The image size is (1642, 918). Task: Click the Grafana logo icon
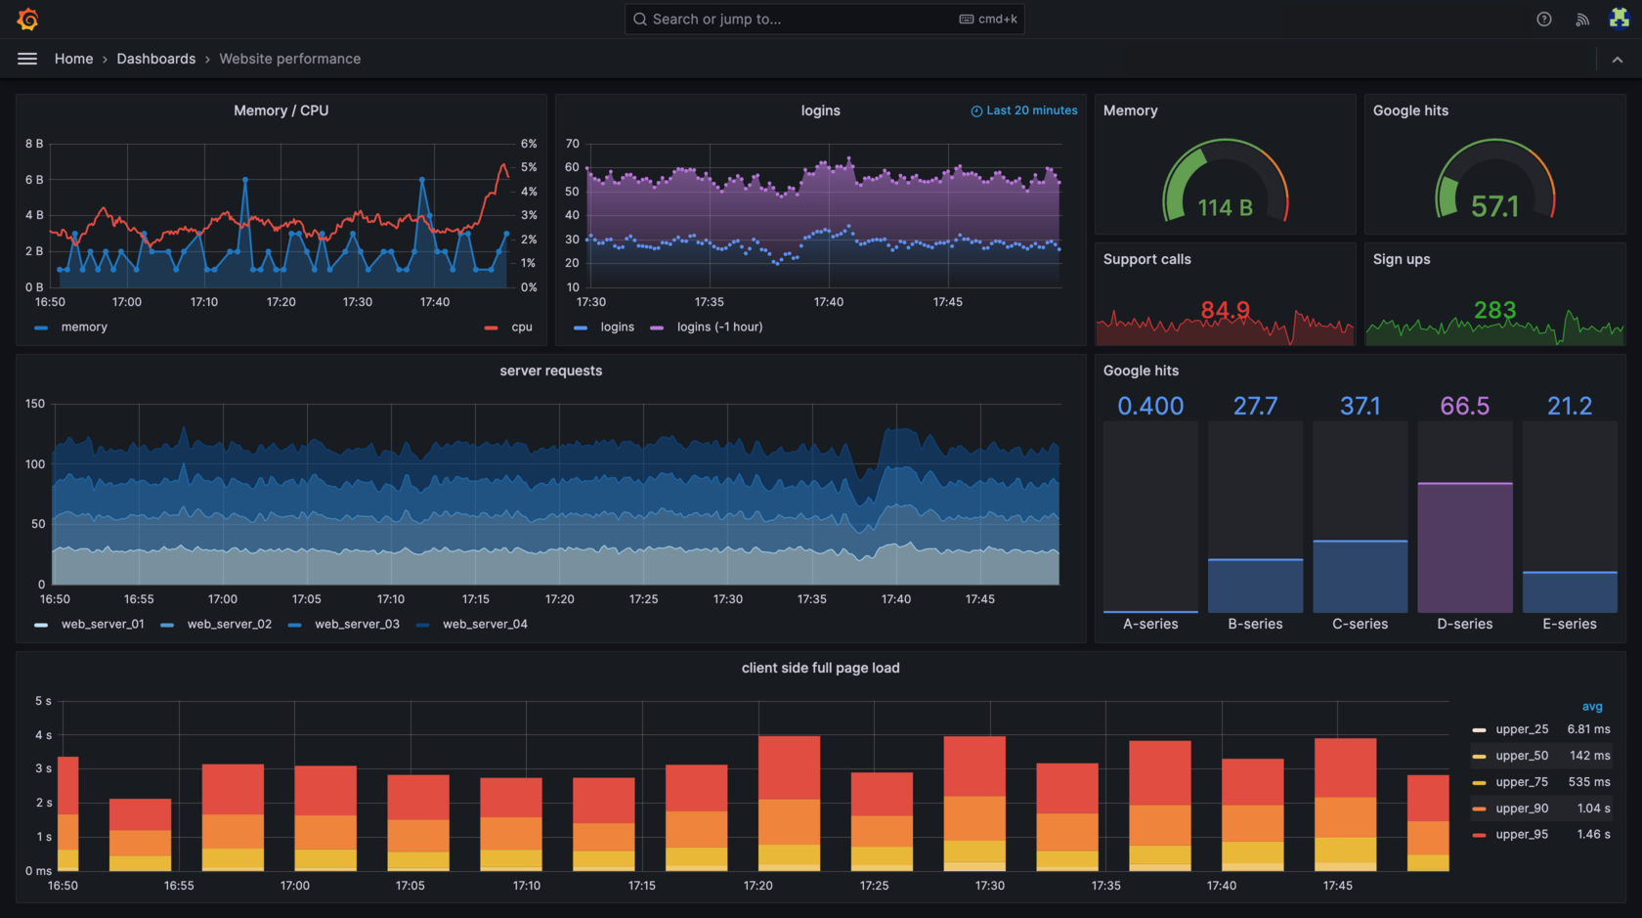pyautogui.click(x=27, y=19)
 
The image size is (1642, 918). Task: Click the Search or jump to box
pyautogui.click(x=823, y=19)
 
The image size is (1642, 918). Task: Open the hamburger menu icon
pyautogui.click(x=27, y=59)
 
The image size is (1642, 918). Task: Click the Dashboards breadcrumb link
pyautogui.click(x=155, y=59)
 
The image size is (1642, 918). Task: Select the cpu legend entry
pyautogui.click(x=521, y=328)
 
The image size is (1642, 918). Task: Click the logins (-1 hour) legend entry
pyautogui.click(x=718, y=328)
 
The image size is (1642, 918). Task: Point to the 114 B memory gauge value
pyautogui.click(x=1225, y=207)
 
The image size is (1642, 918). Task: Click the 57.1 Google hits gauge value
pyautogui.click(x=1494, y=206)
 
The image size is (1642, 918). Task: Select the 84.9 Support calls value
pyautogui.click(x=1225, y=310)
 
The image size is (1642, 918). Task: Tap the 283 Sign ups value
pyautogui.click(x=1494, y=310)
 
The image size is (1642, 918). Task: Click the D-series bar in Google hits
pyautogui.click(x=1464, y=547)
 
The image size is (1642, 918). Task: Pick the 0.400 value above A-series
pyautogui.click(x=1150, y=406)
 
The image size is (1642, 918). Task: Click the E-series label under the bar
pyautogui.click(x=1569, y=624)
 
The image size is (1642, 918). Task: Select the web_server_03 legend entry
pyautogui.click(x=356, y=624)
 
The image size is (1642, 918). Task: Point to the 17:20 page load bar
pyautogui.click(x=789, y=802)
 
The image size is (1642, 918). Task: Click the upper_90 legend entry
pyautogui.click(x=1521, y=809)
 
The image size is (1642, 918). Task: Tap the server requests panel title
pyautogui.click(x=550, y=371)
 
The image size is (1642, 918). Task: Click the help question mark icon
pyautogui.click(x=1543, y=19)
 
